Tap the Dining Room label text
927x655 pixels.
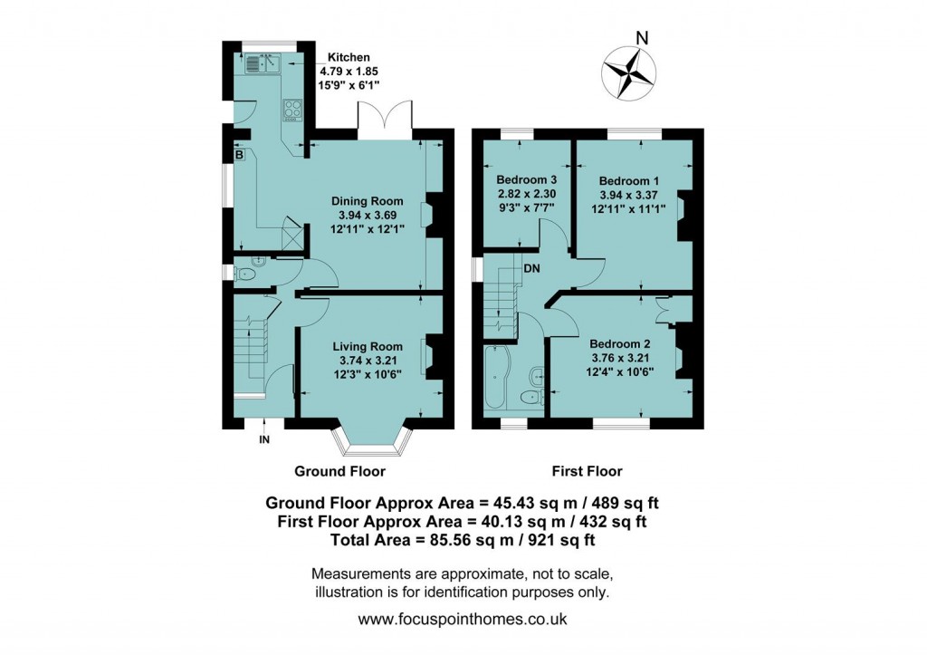[367, 201]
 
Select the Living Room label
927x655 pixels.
[367, 346]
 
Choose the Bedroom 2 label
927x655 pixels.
[620, 343]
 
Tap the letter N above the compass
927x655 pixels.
[641, 38]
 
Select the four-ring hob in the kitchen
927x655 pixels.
[293, 110]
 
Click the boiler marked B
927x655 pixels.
[239, 156]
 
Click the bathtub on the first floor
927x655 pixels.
[498, 380]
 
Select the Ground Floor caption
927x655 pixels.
[339, 471]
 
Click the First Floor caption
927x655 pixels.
[587, 471]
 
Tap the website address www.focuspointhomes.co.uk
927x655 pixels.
[463, 621]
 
